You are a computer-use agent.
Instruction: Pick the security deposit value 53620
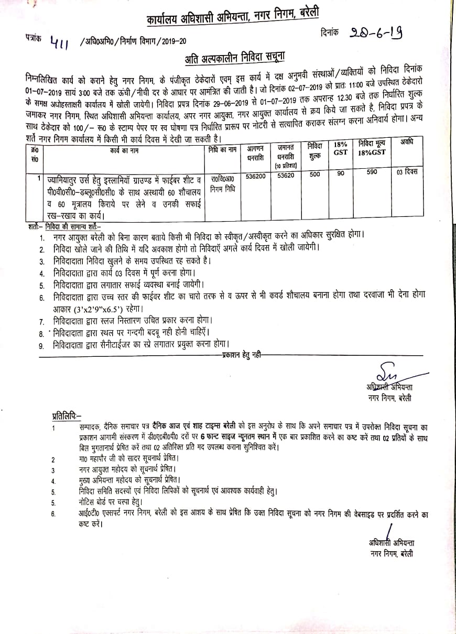pos(285,176)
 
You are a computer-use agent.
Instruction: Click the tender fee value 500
pos(314,175)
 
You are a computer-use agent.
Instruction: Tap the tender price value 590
pos(372,172)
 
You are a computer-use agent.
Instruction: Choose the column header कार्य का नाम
pos(123,149)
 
